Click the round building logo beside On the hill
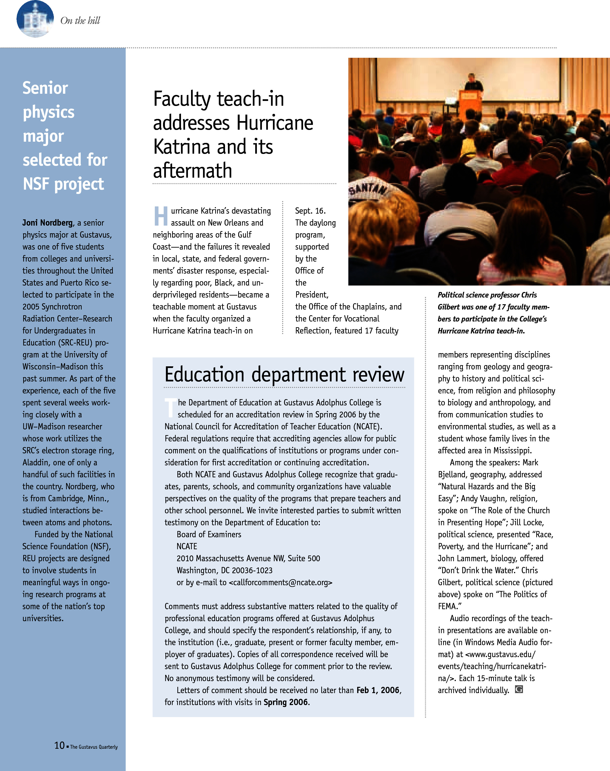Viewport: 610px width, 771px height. (x=35, y=19)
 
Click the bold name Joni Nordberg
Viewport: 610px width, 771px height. (x=47, y=223)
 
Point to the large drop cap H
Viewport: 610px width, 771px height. (x=161, y=216)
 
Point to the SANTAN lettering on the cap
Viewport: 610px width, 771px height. (x=368, y=188)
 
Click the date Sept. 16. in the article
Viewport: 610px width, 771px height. (x=310, y=211)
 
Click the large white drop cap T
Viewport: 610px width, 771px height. (x=170, y=408)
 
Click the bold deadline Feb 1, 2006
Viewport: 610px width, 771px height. (x=378, y=690)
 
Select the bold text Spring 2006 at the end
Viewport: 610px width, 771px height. (x=286, y=702)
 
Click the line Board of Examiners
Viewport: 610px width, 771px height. (x=209, y=535)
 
